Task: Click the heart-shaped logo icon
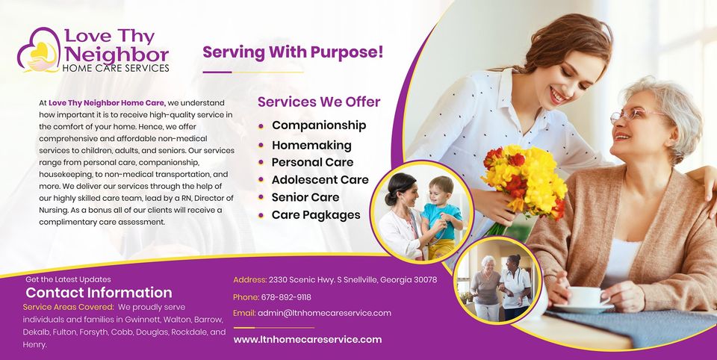point(39,50)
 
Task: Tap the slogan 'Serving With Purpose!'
point(293,52)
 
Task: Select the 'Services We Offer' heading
point(319,102)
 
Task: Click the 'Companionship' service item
point(319,125)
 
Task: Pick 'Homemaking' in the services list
point(311,146)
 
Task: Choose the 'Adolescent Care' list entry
point(320,180)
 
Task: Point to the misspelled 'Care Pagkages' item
point(316,215)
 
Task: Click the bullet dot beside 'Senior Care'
point(261,198)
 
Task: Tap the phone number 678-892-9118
point(286,297)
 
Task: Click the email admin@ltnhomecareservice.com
point(324,314)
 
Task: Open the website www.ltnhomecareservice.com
point(307,339)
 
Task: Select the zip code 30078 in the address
point(425,279)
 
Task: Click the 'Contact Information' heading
point(99,293)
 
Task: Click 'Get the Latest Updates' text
point(68,279)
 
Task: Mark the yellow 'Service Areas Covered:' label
point(68,307)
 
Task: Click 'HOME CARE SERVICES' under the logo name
point(116,68)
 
